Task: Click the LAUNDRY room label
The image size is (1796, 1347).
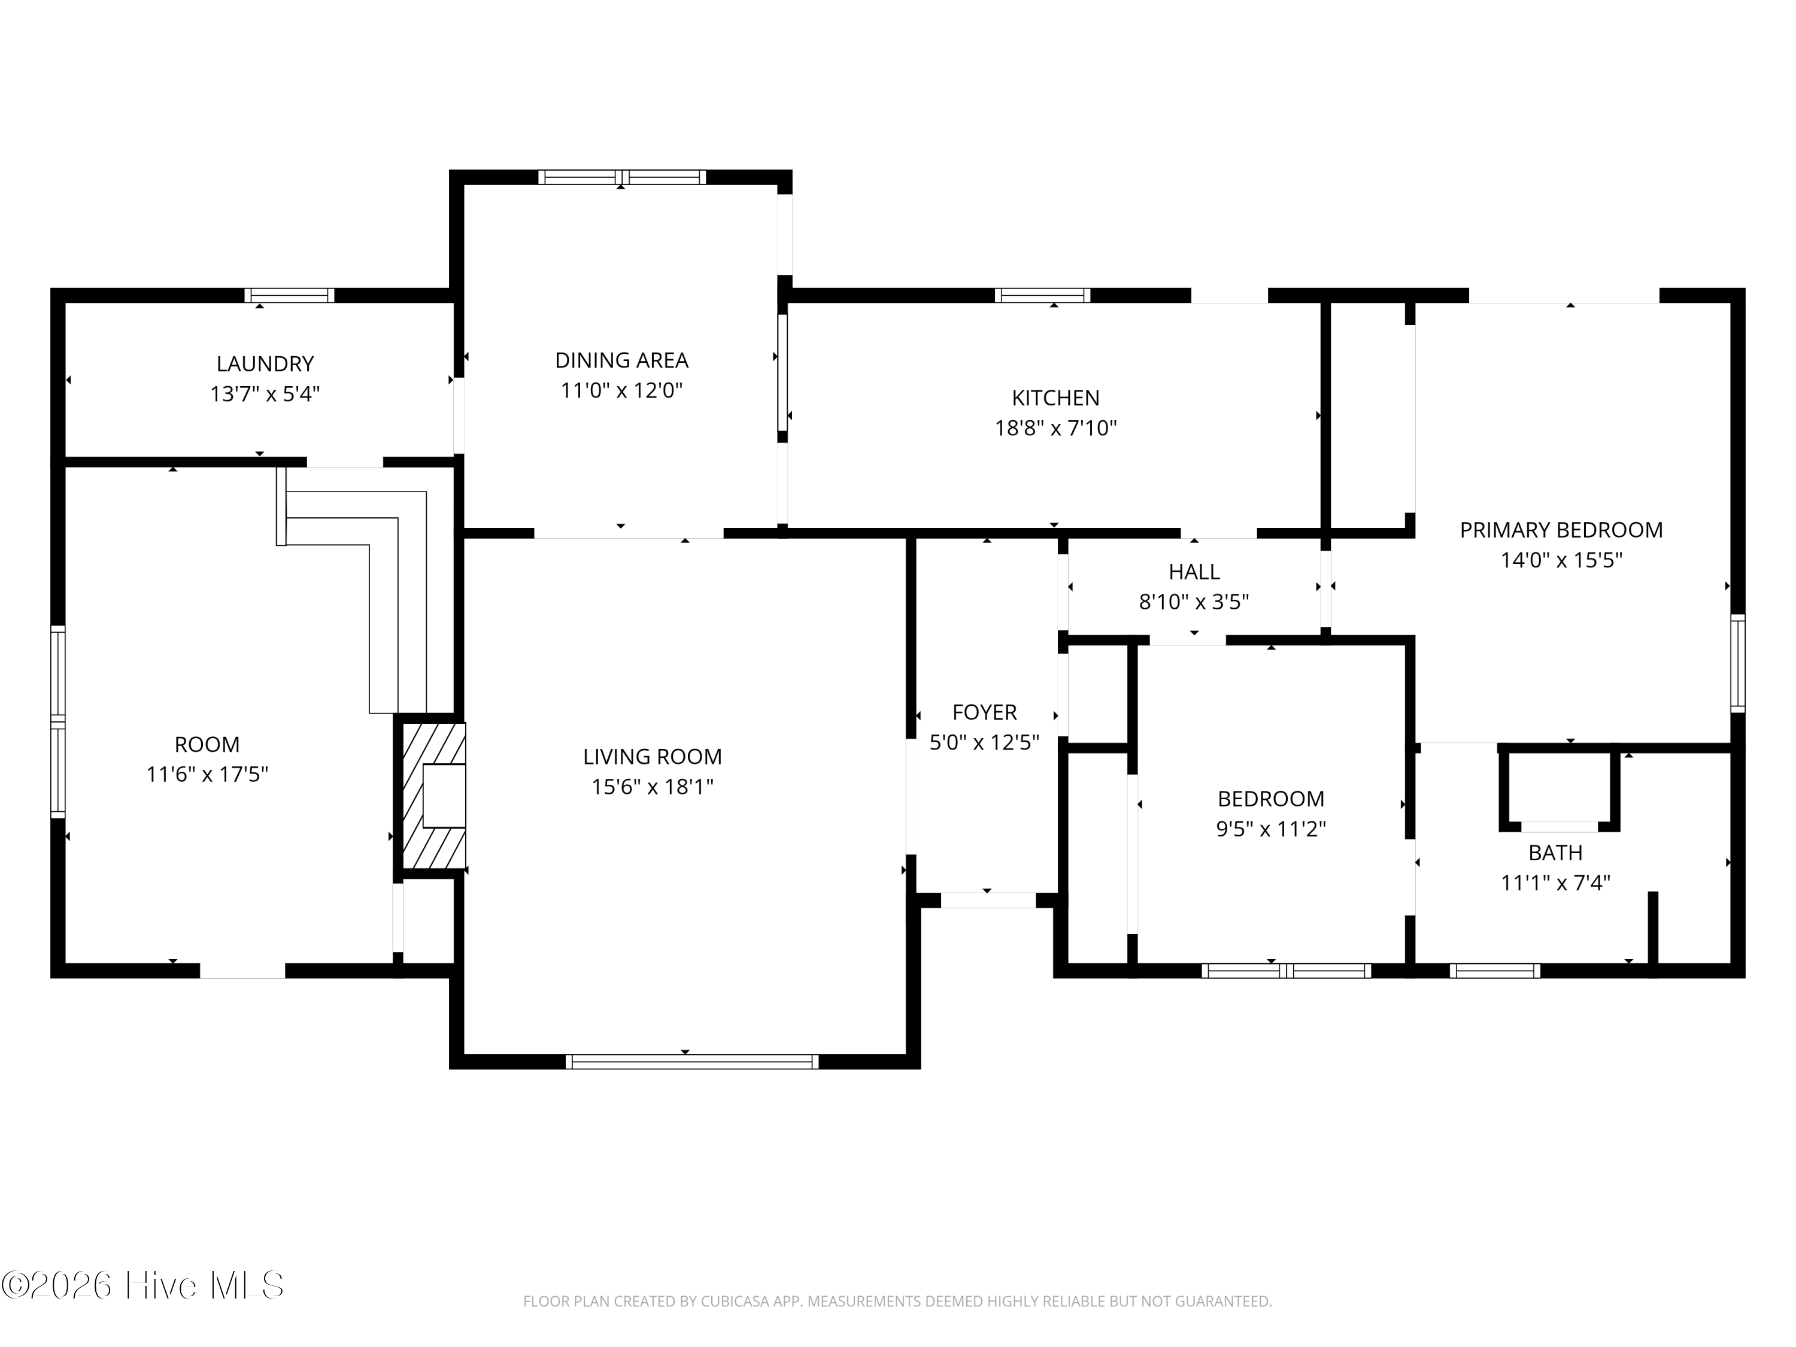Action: click(x=265, y=364)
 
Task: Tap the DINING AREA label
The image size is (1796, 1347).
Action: click(x=621, y=360)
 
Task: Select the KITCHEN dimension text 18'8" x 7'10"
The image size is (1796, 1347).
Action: click(x=1055, y=428)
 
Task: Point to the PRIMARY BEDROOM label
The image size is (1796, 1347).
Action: click(x=1561, y=530)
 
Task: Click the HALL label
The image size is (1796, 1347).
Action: click(x=1194, y=572)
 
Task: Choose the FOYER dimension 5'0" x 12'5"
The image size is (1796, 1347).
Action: click(x=984, y=743)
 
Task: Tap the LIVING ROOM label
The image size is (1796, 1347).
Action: click(x=652, y=757)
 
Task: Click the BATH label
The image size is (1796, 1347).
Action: click(x=1555, y=853)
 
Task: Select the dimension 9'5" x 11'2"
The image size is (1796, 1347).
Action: click(x=1271, y=829)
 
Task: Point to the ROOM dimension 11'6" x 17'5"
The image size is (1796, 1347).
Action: click(x=207, y=775)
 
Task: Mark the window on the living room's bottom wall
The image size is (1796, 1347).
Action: click(x=692, y=1062)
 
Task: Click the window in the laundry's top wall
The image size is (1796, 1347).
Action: click(x=289, y=296)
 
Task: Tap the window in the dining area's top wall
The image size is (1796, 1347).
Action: click(x=621, y=177)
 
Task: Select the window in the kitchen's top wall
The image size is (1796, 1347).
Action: click(x=1042, y=296)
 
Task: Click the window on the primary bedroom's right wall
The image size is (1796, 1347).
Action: click(x=1737, y=663)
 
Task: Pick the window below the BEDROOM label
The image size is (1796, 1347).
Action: click(x=1286, y=970)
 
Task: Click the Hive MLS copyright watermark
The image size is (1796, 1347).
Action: click(x=143, y=1285)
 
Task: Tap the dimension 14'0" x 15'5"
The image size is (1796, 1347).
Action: click(x=1561, y=560)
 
